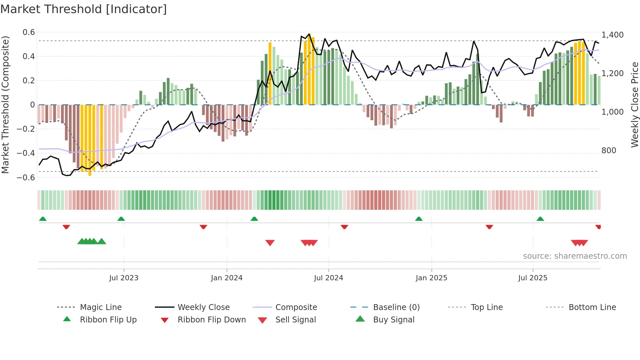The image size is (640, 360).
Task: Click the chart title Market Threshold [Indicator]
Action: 84,9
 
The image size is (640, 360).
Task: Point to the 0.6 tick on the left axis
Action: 29,32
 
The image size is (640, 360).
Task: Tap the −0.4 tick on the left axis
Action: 26,153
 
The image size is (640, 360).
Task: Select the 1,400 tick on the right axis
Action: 612,35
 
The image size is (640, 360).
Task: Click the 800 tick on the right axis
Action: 609,151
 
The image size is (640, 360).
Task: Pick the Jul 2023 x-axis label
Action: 124,278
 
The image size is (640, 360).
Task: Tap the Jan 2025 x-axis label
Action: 431,278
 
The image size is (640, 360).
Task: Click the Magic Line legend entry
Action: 101,307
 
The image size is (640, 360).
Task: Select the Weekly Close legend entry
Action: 203,307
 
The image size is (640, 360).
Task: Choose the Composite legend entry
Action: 296,307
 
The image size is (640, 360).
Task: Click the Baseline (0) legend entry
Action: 396,307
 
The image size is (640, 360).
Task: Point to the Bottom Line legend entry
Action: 592,307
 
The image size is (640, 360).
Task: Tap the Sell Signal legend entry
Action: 296,320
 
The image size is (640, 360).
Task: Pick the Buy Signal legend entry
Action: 393,320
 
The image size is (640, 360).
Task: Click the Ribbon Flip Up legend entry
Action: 108,320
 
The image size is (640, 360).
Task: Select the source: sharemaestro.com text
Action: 575,256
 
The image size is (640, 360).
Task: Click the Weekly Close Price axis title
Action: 634,105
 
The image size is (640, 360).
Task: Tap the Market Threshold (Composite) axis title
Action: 5,105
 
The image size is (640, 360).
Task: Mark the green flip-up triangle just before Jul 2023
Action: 121,219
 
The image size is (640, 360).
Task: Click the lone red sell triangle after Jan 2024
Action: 270,243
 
